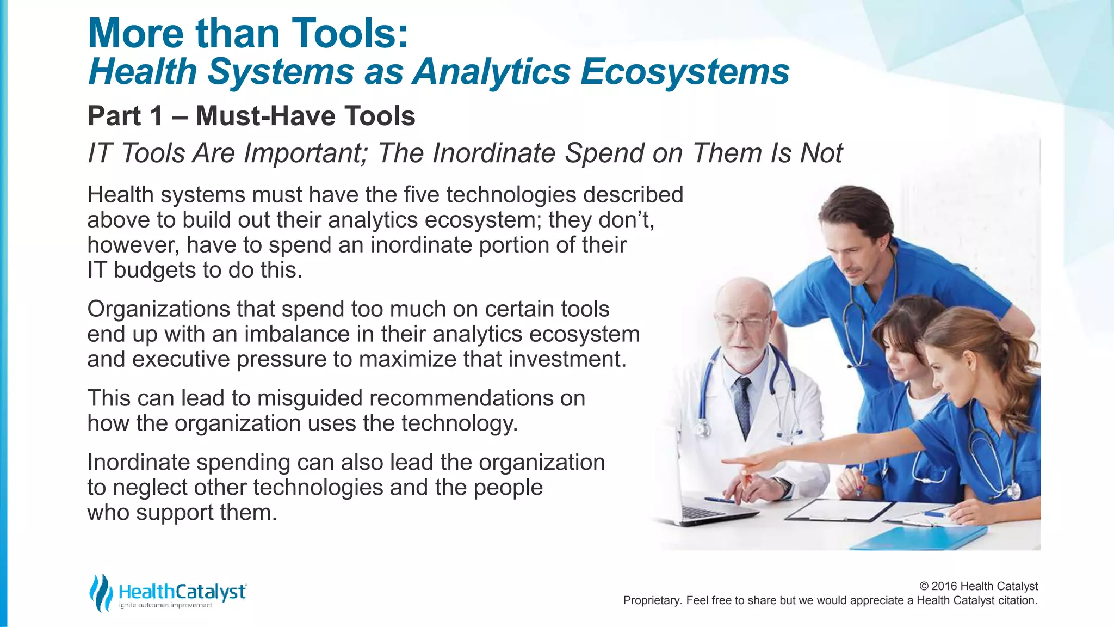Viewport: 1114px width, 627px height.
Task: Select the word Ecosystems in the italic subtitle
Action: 684,72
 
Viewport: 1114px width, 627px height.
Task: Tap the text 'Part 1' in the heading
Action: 125,116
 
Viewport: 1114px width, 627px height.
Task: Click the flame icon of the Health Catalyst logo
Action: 102,592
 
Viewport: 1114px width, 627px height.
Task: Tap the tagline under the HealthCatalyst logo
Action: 166,606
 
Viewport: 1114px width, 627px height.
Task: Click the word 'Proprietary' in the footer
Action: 651,600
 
